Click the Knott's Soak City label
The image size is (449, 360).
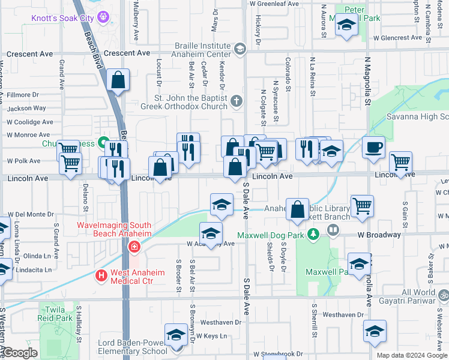[x=62, y=18]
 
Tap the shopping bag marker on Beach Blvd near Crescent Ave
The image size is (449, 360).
[x=119, y=80]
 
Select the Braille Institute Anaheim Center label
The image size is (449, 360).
[x=203, y=50]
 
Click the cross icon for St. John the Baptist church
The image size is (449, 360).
[x=237, y=101]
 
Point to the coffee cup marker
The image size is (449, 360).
[x=373, y=147]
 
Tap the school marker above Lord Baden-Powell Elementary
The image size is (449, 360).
[x=176, y=335]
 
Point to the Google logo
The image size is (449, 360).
[x=20, y=353]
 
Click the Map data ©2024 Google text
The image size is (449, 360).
[x=412, y=355]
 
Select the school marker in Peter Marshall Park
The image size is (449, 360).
[x=346, y=26]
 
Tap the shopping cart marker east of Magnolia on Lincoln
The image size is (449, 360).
[x=400, y=162]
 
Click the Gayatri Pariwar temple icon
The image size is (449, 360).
[x=444, y=295]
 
